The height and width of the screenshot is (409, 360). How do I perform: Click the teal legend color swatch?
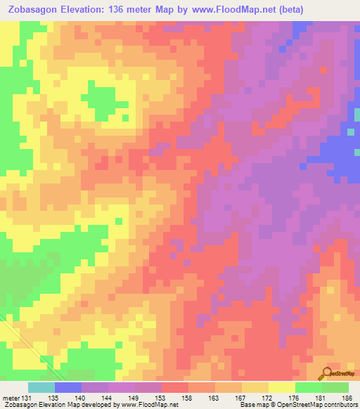(41, 387)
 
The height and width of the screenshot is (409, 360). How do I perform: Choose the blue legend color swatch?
(68, 387)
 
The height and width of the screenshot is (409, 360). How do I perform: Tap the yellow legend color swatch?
(281, 387)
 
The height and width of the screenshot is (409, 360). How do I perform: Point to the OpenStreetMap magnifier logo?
(326, 372)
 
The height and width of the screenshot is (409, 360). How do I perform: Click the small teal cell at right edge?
(350, 131)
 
